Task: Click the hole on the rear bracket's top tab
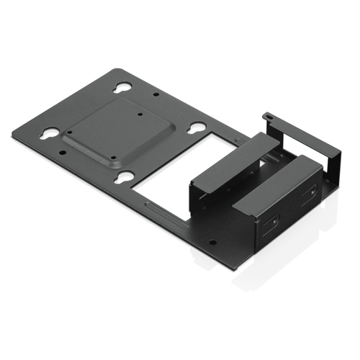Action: pyautogui.click(x=266, y=115)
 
